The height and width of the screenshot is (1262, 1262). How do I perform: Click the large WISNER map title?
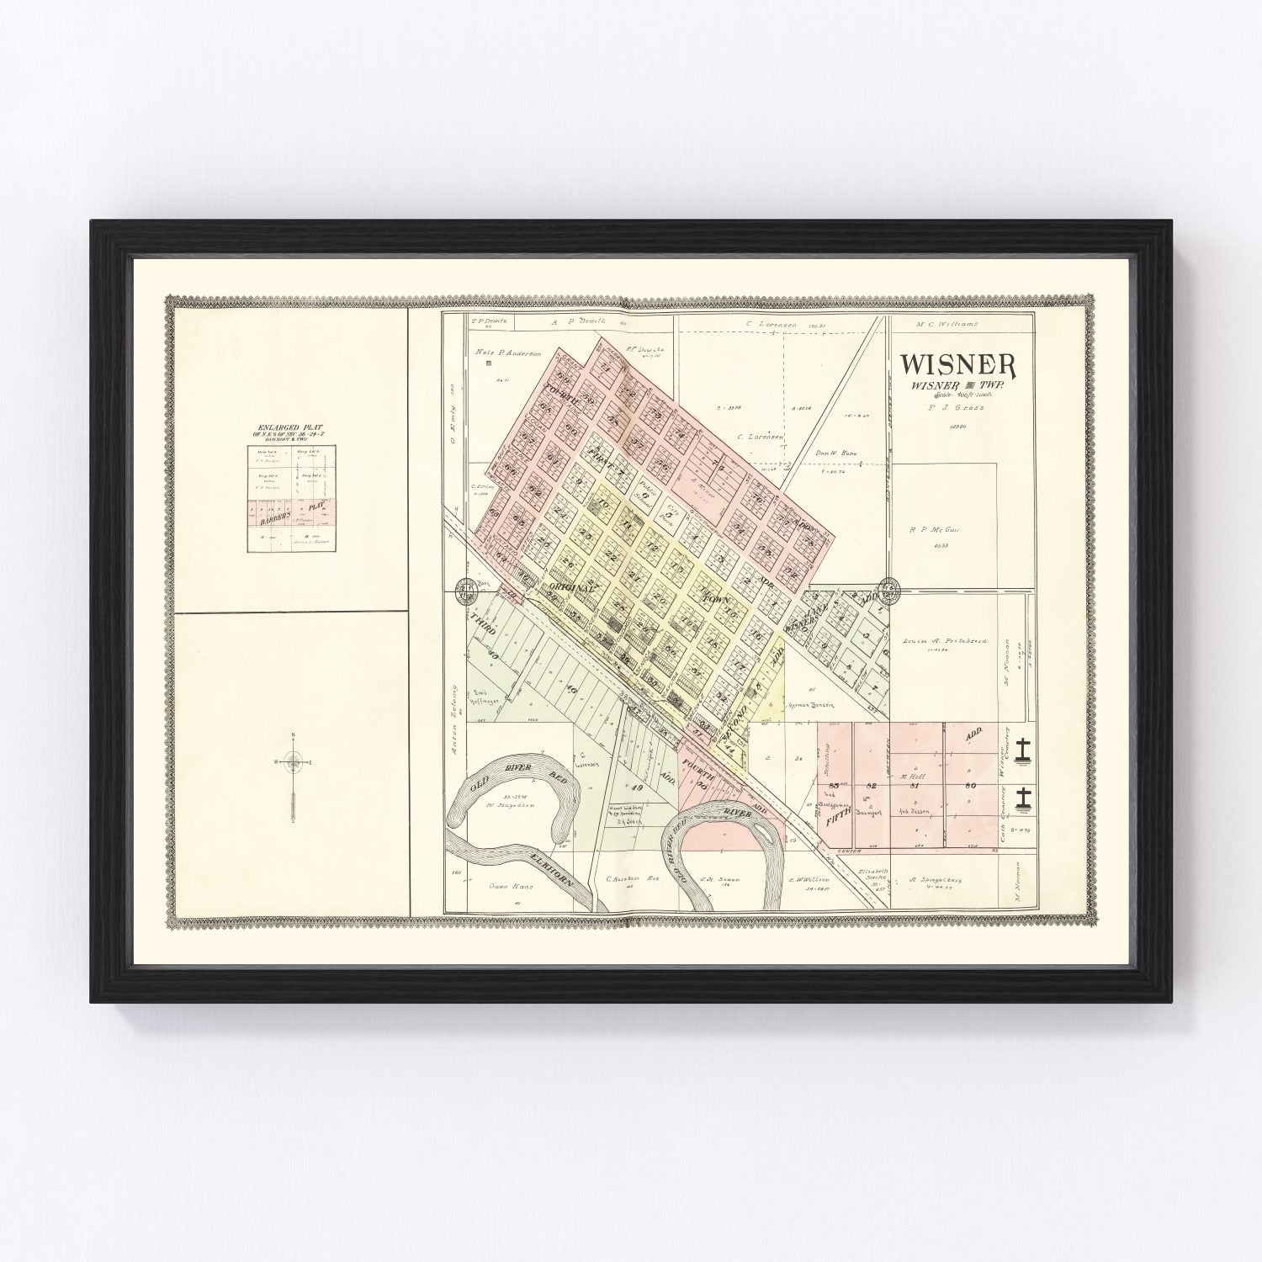pos(958,363)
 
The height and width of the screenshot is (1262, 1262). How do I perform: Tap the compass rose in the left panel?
pos(293,763)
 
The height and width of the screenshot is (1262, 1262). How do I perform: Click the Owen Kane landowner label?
pos(506,886)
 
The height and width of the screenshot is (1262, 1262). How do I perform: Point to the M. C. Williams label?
pos(941,323)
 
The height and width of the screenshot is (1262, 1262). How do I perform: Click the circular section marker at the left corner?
pos(464,589)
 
